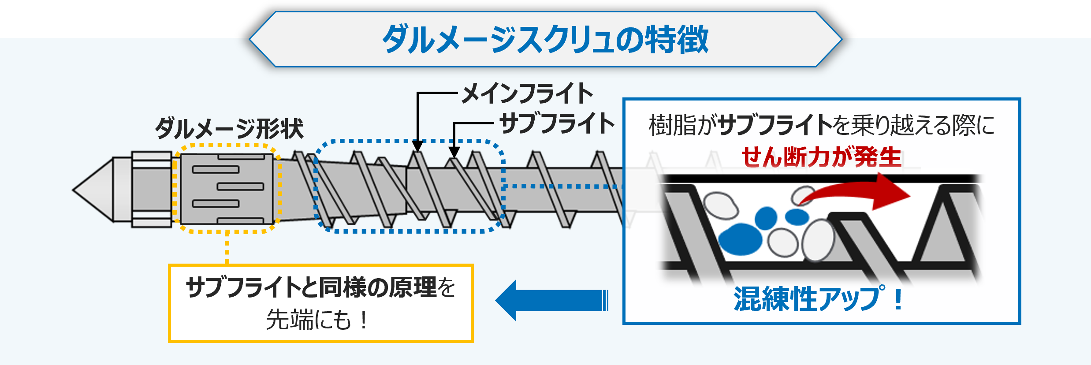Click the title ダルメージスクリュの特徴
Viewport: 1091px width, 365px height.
545,40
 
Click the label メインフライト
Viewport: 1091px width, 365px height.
527,93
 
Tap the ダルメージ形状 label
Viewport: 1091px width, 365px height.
229,129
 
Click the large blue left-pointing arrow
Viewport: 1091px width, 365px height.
551,300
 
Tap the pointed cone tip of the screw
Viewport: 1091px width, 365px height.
93,190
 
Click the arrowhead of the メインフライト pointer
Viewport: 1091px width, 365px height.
417,146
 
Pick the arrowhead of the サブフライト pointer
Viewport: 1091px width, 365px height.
454,153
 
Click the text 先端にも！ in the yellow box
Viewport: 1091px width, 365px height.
317,320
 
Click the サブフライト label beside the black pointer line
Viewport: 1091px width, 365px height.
557,123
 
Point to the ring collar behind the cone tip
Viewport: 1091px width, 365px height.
152,190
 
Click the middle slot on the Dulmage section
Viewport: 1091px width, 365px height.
240,186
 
